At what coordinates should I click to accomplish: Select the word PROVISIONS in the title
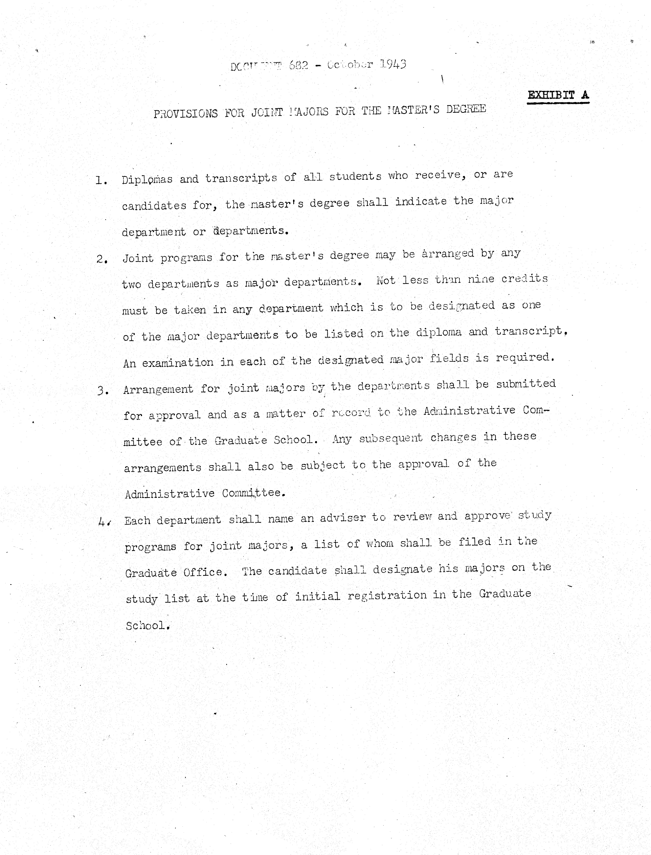click(186, 114)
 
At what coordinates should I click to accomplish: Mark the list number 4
click(104, 522)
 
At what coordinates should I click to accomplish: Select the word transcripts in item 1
click(241, 178)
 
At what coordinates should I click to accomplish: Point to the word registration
click(387, 595)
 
